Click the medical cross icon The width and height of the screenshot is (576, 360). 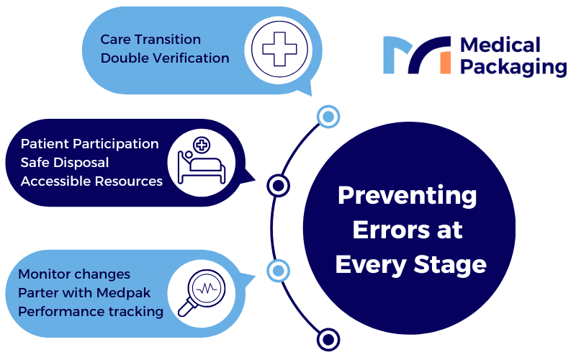(x=279, y=49)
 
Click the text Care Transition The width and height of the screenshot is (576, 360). (x=150, y=40)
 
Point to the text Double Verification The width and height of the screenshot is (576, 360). (x=165, y=58)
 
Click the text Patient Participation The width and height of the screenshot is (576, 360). (x=89, y=144)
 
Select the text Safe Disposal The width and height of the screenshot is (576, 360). (x=65, y=163)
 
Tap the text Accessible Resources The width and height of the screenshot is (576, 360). (x=91, y=181)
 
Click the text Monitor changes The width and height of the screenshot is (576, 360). (x=74, y=274)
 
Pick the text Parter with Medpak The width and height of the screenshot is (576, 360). (x=84, y=293)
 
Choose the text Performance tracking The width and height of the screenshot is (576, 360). (x=91, y=312)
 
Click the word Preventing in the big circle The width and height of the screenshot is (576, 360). (x=408, y=196)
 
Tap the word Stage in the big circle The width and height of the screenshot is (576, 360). (x=450, y=265)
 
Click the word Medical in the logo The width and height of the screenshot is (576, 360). (x=500, y=45)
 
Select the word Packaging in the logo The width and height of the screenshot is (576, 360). (x=513, y=67)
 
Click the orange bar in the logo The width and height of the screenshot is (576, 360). (x=445, y=63)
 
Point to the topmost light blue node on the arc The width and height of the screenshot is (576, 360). (x=328, y=117)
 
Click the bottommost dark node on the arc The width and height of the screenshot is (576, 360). (x=328, y=339)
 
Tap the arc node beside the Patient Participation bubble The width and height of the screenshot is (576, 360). (x=278, y=186)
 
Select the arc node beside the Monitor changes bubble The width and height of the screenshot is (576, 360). (x=278, y=271)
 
